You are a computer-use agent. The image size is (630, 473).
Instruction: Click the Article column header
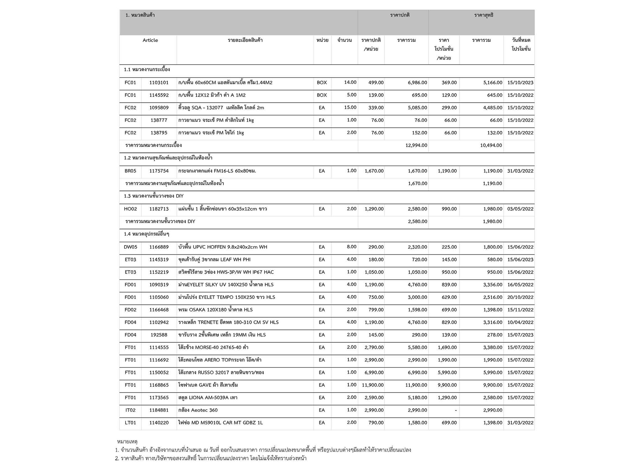coord(150,40)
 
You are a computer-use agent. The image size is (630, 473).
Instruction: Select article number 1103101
coord(159,83)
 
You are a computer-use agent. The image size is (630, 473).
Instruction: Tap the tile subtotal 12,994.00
coord(416,145)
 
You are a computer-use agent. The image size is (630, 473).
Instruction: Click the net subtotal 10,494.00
coord(491,145)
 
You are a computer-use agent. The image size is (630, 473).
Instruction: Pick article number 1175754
coord(159,171)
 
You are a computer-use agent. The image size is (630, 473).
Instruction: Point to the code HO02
coord(130,209)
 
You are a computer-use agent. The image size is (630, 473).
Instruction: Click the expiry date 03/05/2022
coord(520,209)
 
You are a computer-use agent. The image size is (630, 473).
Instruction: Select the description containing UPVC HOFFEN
coord(223,247)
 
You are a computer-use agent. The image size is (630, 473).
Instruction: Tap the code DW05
coord(130,247)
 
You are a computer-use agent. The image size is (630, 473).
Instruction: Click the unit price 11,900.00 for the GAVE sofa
coord(373,385)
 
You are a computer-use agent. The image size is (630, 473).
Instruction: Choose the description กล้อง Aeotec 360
coord(198,410)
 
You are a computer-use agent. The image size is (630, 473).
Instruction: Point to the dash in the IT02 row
coord(455,410)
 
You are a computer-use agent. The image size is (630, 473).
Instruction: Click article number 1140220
coord(159,423)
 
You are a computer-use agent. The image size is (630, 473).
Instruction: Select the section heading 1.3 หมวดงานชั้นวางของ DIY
coord(154,196)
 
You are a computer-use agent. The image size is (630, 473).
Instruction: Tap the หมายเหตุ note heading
coord(127,442)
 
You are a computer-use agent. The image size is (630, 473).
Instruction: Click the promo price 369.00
coord(449,83)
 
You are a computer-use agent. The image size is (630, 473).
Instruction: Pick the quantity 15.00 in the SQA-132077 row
coord(350,107)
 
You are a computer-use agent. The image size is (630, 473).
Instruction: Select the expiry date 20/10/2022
coord(520,297)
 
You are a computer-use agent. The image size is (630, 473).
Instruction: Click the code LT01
coord(130,423)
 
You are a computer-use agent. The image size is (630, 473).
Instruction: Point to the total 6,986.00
coord(417,83)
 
